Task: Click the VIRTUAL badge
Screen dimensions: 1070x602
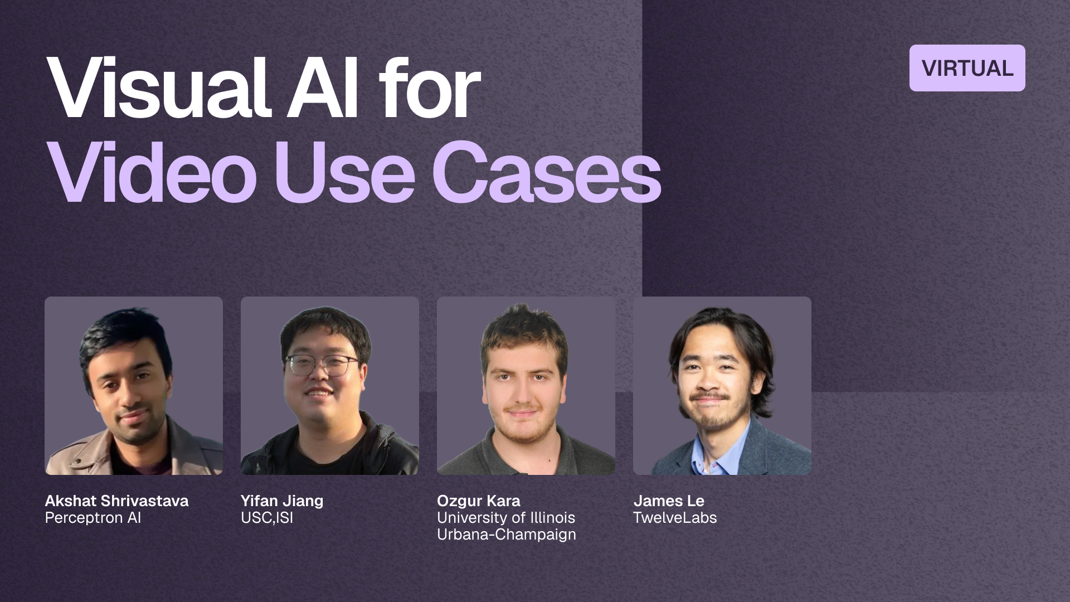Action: point(967,68)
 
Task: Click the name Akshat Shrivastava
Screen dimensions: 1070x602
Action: point(116,501)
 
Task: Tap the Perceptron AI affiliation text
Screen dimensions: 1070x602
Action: point(93,518)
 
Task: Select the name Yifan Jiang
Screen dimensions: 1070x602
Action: point(282,501)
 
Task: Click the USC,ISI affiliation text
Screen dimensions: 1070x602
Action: point(267,518)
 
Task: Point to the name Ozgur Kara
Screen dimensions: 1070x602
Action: point(479,501)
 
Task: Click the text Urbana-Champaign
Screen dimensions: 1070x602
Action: point(507,535)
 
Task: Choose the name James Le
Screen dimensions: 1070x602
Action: point(669,501)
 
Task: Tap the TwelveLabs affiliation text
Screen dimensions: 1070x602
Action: point(675,518)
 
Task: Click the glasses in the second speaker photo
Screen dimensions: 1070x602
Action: point(320,365)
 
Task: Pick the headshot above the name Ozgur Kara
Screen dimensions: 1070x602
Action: point(526,386)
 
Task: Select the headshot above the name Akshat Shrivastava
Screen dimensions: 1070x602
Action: point(134,386)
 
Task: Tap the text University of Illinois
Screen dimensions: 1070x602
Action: point(506,518)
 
